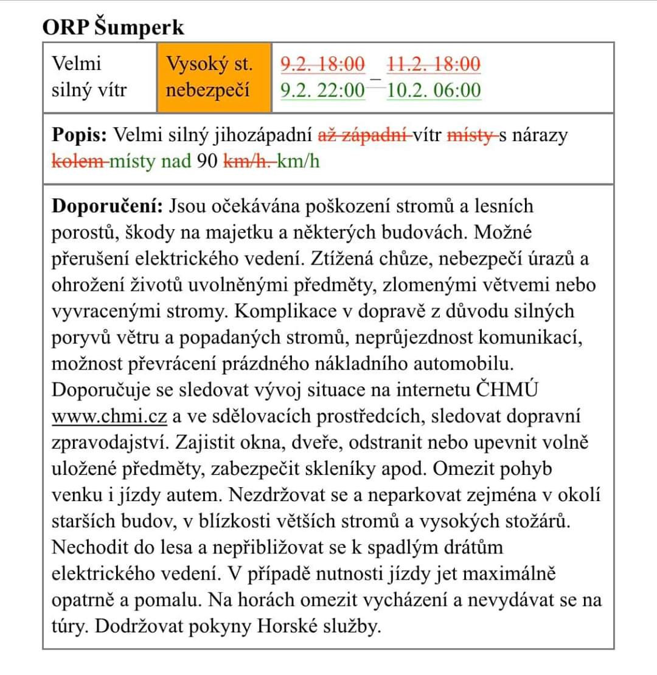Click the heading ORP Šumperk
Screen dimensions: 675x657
(x=113, y=27)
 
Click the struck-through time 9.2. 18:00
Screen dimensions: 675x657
(x=322, y=63)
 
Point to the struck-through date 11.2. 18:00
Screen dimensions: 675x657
(x=433, y=63)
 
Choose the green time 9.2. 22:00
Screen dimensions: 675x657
(x=322, y=91)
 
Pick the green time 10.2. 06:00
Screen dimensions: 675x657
(x=433, y=91)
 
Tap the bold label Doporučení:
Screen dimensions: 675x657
(x=107, y=206)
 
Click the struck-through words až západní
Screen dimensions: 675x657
(x=364, y=134)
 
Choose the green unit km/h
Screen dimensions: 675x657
(x=298, y=162)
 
